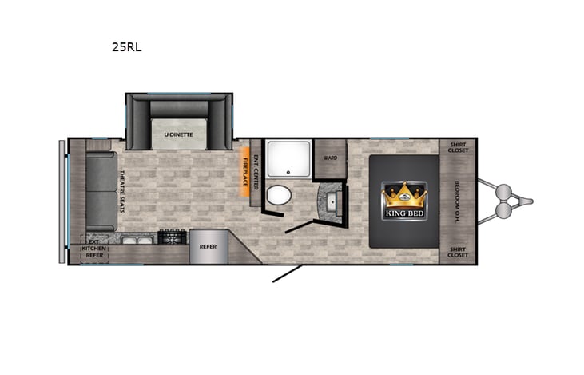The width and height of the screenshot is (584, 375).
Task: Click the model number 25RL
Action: point(127,46)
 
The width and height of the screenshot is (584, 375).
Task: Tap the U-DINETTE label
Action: point(178,134)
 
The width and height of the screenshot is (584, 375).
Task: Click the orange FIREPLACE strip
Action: point(244,171)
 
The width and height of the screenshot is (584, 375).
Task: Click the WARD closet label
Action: point(329,158)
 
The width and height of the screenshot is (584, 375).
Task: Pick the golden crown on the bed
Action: point(403,195)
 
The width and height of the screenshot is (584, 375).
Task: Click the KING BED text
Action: point(403,213)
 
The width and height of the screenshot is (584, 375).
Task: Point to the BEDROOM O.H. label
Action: point(457,200)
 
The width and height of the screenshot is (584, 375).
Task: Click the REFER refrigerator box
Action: point(208,247)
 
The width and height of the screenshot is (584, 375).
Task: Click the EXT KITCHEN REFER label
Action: point(94,250)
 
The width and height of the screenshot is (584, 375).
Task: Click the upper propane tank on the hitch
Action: point(504,192)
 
